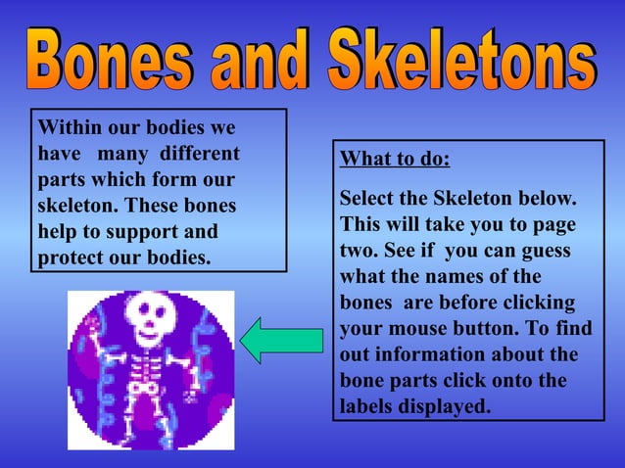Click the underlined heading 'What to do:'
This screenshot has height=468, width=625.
coord(395,160)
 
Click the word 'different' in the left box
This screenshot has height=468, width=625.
coord(200,154)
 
